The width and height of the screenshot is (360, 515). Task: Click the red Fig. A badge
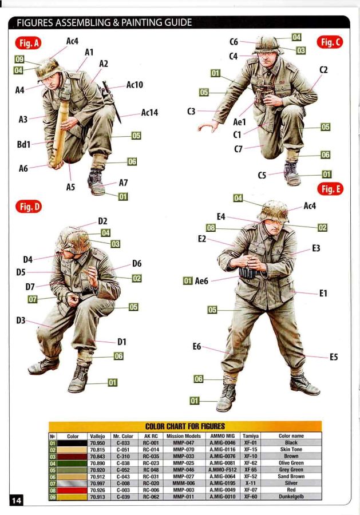(28, 43)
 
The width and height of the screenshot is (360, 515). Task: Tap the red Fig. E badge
(330, 189)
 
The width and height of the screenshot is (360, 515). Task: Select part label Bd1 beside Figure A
(23, 144)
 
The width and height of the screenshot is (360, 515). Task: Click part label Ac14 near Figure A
(149, 113)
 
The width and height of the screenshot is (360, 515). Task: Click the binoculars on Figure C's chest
(263, 94)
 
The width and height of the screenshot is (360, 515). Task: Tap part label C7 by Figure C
(238, 149)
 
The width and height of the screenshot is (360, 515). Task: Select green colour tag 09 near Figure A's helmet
(19, 59)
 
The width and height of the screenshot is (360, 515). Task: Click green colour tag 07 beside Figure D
(32, 299)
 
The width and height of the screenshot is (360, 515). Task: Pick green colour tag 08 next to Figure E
(211, 228)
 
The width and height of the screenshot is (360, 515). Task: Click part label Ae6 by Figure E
(201, 281)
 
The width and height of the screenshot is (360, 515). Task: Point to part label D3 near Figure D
(21, 320)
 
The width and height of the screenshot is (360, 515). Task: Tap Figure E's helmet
(273, 211)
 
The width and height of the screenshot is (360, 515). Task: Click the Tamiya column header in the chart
(251, 436)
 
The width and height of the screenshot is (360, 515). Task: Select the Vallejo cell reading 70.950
(97, 443)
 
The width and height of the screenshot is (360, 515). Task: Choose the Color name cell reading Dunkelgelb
(291, 497)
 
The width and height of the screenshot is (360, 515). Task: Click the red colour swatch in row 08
(73, 490)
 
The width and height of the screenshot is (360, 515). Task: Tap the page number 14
(17, 500)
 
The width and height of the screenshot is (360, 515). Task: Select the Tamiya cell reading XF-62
(251, 463)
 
